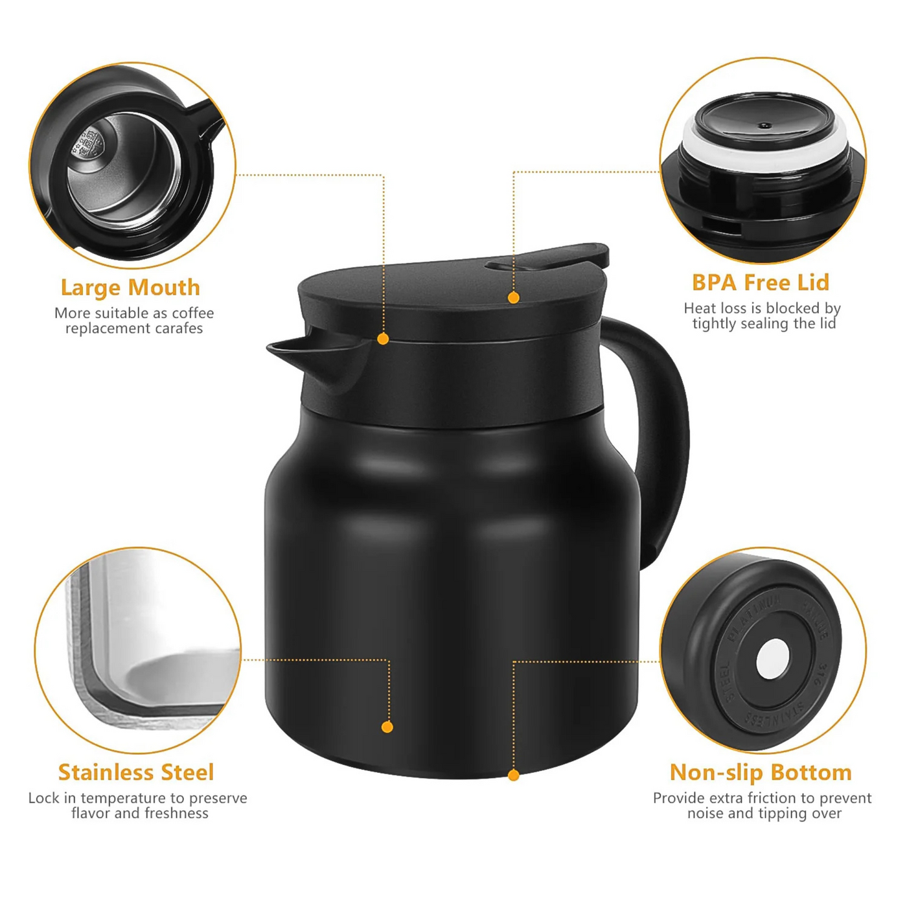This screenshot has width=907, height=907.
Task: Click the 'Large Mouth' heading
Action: [130, 287]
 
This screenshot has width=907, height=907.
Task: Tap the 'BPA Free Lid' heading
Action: [761, 282]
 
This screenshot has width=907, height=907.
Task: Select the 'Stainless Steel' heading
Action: [136, 772]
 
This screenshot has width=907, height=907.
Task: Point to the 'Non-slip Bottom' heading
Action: [761, 772]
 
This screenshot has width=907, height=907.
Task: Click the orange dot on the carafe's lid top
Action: [514, 298]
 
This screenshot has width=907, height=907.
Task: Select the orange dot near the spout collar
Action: [383, 339]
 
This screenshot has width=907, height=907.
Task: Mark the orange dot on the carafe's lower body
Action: [387, 727]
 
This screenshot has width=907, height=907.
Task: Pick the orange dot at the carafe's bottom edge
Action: [514, 775]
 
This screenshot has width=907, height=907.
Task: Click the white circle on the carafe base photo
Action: [773, 660]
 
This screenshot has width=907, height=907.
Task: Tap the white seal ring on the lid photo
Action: [764, 153]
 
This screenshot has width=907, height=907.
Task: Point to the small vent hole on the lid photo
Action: [765, 126]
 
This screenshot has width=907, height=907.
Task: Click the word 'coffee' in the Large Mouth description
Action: [192, 314]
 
